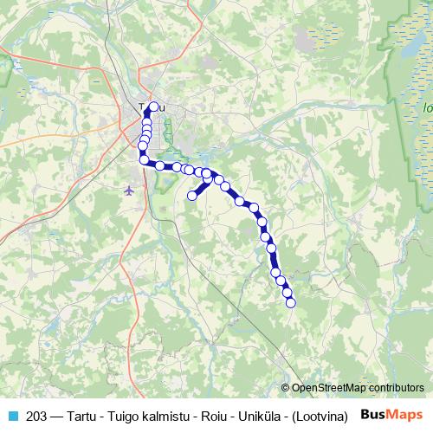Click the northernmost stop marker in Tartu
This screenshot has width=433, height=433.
click(x=154, y=107)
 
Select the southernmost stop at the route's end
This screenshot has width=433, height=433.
click(x=291, y=302)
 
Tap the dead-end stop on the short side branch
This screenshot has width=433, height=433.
click(x=192, y=196)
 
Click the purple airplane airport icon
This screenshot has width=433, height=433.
click(x=130, y=189)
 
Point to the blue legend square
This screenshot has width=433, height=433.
click(x=12, y=415)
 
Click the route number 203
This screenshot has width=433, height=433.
click(x=37, y=415)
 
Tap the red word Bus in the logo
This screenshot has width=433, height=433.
click(x=373, y=414)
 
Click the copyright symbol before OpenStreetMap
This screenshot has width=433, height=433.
click(x=285, y=388)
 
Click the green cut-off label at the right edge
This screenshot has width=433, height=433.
click(x=428, y=109)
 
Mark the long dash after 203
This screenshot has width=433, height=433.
click(x=57, y=415)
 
